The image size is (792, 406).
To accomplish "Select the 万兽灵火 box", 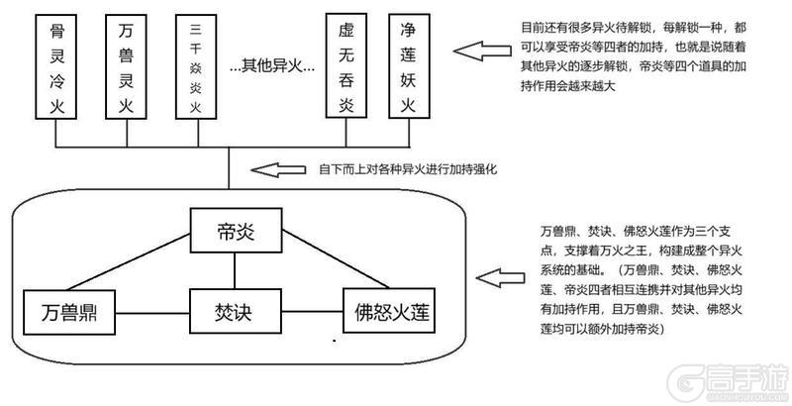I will point(126,65).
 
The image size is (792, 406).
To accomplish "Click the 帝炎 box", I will point(235,233).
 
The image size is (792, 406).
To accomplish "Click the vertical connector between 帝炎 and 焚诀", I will point(235,269).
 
